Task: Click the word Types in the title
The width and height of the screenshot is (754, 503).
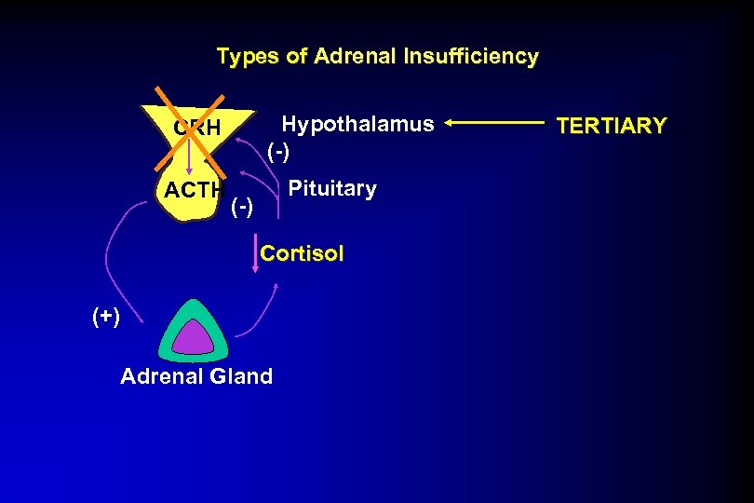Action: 247,57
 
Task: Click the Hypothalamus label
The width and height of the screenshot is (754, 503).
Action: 357,124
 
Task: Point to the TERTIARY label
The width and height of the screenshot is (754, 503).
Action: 611,126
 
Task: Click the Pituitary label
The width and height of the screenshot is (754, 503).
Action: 332,189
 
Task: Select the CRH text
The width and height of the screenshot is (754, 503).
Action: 196,128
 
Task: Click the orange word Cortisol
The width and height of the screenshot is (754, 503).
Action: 302,253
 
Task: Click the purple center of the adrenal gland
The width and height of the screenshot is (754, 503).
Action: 195,337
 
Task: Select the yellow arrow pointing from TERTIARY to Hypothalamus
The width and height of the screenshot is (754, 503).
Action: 493,122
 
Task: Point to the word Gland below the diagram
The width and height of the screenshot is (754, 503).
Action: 240,376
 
